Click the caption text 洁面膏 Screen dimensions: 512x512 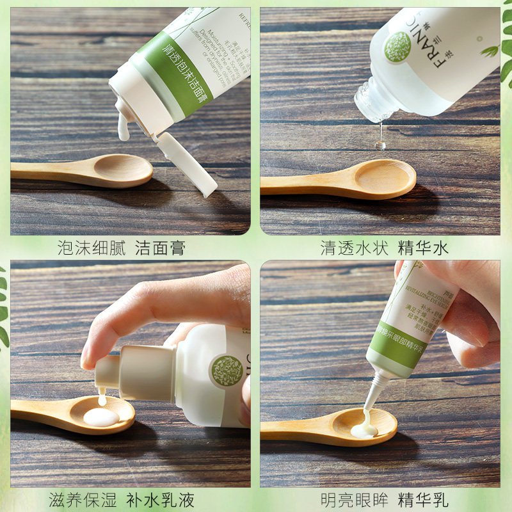click(x=160, y=248)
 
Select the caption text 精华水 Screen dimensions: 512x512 click(x=424, y=248)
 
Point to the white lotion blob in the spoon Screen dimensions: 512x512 click(x=100, y=417)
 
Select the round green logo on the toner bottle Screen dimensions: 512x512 click(x=397, y=47)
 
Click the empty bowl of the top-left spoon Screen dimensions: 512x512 click(x=123, y=170)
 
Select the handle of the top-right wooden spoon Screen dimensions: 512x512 click(x=301, y=184)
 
